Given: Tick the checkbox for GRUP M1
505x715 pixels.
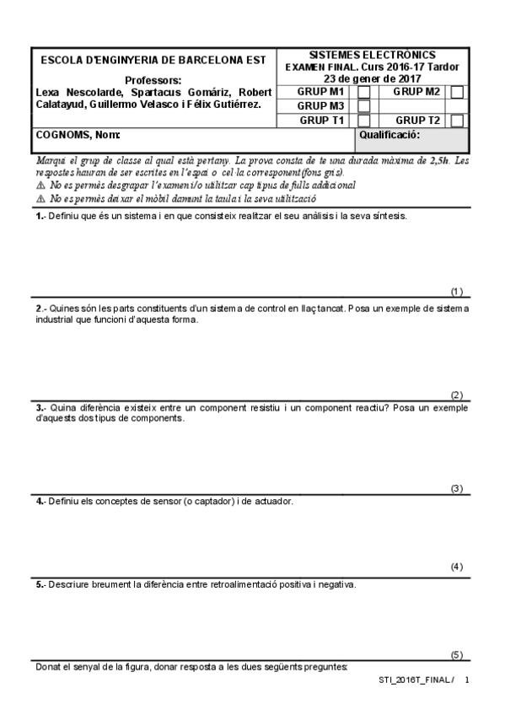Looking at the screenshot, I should (364, 92).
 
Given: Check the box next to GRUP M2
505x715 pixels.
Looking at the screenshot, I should (457, 92).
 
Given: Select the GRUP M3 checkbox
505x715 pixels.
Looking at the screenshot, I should (364, 106).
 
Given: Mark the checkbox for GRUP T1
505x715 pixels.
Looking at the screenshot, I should (364, 121).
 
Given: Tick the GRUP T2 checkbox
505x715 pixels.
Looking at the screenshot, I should (457, 121).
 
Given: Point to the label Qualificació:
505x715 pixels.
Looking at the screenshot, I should (389, 135).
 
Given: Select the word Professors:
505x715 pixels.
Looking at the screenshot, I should (152, 80).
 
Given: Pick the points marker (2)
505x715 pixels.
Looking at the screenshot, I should (457, 395).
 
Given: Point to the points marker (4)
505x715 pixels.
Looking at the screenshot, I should (457, 567).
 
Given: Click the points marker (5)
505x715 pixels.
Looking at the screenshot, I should (457, 655).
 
